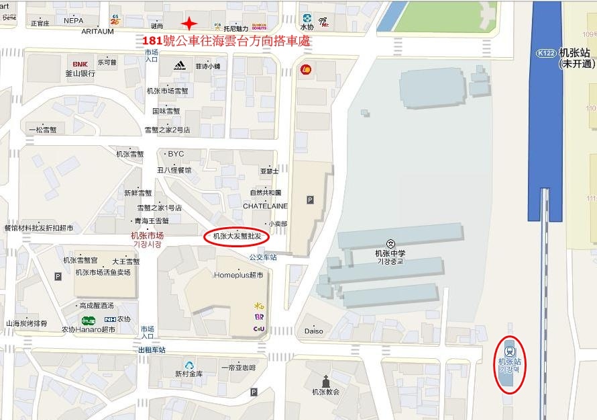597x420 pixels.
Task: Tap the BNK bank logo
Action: [80, 64]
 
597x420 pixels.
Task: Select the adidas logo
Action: [179, 65]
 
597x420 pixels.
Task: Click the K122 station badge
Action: [545, 53]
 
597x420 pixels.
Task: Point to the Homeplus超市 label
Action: [239, 275]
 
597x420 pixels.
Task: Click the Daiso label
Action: [313, 331]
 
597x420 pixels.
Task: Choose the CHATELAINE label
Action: [265, 206]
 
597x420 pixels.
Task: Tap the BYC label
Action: [176, 154]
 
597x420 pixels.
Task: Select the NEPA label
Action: [74, 22]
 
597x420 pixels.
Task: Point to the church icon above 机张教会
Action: [326, 380]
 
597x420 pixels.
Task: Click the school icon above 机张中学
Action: [390, 243]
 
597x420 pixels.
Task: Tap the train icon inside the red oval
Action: [510, 349]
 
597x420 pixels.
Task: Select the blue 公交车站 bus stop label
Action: [262, 257]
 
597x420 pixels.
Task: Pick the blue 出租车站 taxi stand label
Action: [152, 350]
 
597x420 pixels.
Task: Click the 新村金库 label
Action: [188, 374]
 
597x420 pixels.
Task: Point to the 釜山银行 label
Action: [80, 73]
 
